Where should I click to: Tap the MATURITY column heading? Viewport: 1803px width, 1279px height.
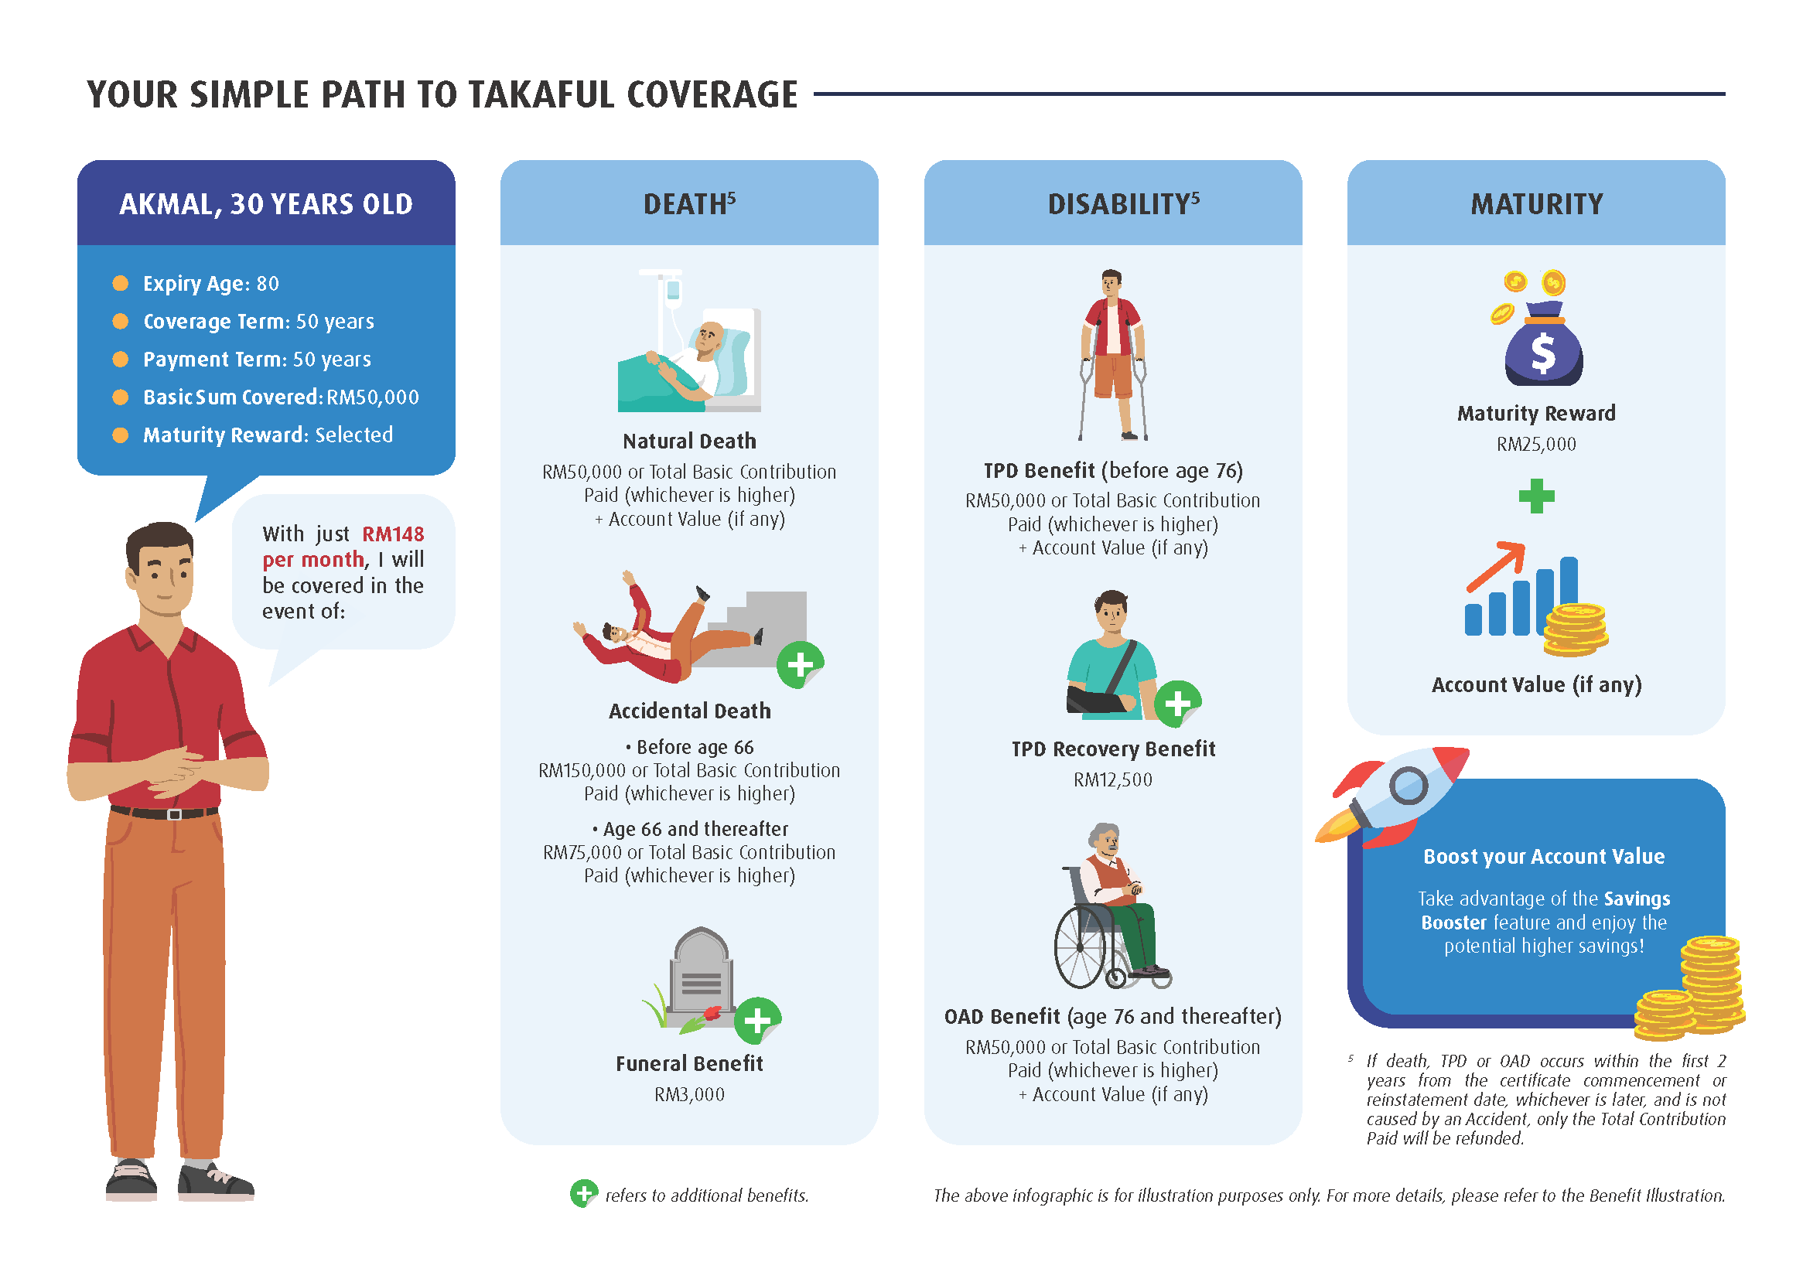click(1536, 205)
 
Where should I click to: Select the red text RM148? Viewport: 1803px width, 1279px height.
click(392, 534)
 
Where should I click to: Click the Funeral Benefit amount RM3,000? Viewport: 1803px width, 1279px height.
click(689, 1094)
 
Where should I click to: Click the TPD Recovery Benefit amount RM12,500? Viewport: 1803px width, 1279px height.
click(1112, 779)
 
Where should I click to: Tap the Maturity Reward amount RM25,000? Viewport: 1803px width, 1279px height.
click(1536, 444)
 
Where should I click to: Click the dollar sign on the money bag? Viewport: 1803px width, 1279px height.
click(1543, 352)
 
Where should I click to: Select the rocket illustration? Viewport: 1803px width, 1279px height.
click(1391, 795)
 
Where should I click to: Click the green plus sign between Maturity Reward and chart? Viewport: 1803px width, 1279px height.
click(1536, 496)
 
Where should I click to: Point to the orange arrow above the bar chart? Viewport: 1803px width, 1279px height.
click(1494, 566)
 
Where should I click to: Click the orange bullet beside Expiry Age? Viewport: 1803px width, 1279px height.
click(121, 283)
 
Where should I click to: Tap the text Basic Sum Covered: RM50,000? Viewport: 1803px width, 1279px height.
click(281, 397)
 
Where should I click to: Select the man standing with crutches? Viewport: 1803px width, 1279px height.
click(1112, 354)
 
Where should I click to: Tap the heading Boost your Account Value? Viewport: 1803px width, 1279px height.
click(1543, 856)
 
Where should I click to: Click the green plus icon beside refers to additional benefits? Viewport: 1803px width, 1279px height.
click(584, 1194)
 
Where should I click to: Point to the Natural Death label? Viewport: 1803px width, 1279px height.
click(689, 441)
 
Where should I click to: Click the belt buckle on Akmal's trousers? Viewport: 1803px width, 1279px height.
click(175, 814)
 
